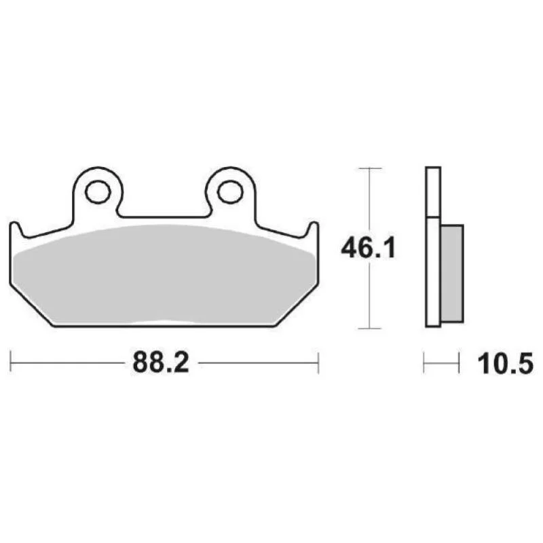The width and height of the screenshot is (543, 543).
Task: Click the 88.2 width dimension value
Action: [161, 362]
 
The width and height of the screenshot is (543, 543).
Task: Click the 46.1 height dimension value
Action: [368, 248]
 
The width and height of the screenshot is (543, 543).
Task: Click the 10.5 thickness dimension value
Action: [505, 364]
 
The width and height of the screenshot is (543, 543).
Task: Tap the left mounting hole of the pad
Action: [98, 191]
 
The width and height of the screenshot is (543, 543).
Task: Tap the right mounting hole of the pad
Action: [230, 191]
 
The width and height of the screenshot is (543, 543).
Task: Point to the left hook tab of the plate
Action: [16, 229]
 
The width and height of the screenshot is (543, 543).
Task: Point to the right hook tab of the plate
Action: [312, 229]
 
